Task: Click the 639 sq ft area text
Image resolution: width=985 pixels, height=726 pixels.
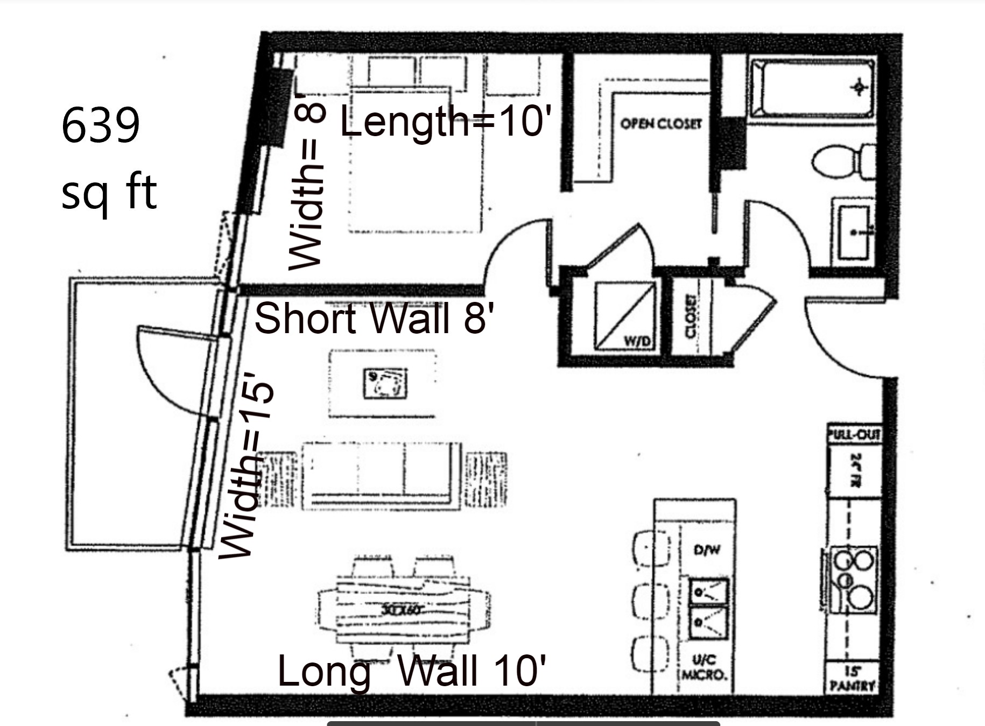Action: click(108, 159)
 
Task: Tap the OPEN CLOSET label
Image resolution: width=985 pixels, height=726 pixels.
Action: click(661, 124)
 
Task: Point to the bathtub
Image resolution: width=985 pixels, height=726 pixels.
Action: click(812, 89)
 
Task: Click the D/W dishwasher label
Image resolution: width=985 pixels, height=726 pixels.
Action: click(707, 549)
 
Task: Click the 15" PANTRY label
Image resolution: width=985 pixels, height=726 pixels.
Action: click(852, 679)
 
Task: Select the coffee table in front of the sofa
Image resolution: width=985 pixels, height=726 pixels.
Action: click(382, 383)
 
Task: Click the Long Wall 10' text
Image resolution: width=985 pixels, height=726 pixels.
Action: click(411, 671)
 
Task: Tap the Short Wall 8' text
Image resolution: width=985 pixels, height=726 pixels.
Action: click(374, 318)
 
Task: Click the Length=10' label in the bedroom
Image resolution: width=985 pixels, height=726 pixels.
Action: click(446, 122)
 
